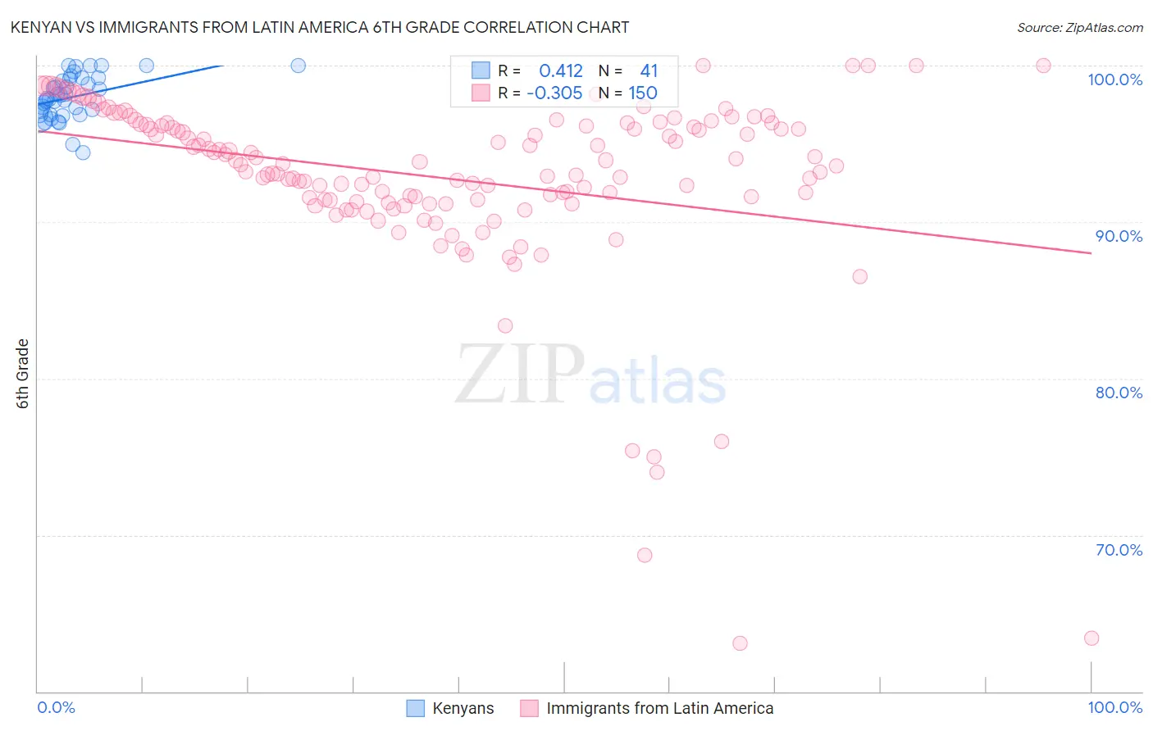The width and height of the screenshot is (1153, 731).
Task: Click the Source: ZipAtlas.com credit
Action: (1079, 27)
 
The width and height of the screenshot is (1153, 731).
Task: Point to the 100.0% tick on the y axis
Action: (1114, 79)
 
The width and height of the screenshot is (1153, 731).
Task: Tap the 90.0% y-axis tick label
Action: (1119, 236)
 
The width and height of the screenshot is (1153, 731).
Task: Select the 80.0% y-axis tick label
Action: (1119, 393)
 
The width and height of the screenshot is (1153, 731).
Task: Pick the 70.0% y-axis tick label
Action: (1119, 550)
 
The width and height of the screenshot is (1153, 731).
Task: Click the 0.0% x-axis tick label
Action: (57, 707)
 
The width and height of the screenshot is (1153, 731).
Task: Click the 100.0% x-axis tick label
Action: (1114, 707)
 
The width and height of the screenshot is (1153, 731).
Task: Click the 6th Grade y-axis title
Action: (23, 374)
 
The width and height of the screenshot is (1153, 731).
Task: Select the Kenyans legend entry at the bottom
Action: (463, 708)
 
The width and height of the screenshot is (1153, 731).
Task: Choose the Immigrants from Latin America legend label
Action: (659, 708)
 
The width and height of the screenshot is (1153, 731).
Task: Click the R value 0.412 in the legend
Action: (561, 71)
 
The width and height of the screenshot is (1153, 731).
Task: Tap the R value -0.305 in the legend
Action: (554, 93)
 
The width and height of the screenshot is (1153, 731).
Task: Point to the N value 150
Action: (643, 93)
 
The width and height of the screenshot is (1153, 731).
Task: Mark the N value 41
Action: (649, 71)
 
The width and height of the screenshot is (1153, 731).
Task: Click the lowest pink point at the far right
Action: (1091, 638)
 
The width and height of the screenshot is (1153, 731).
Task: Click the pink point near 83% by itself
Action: (505, 326)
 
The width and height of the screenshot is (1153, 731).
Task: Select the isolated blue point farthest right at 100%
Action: (299, 66)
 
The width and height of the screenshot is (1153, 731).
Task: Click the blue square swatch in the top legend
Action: (481, 71)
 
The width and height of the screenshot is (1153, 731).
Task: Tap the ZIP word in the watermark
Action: (519, 375)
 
